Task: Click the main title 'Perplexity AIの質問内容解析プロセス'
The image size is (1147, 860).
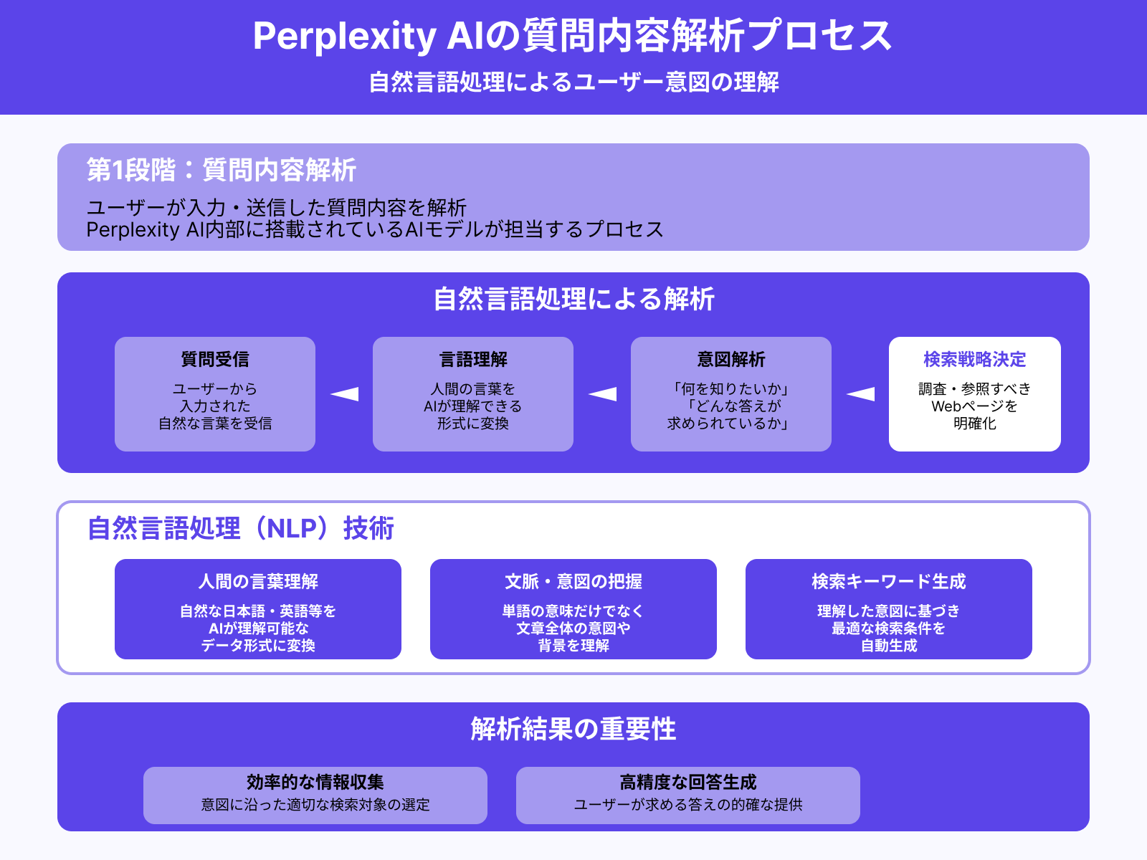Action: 572,36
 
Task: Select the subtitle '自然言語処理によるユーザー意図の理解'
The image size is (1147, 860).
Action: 573,82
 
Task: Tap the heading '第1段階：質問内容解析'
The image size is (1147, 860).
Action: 222,170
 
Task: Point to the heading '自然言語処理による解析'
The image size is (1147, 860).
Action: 573,299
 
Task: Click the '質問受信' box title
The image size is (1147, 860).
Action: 215,359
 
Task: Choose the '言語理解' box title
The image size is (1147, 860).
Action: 473,359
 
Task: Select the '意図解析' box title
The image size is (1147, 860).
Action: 731,359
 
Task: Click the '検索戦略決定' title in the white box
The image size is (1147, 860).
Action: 975,359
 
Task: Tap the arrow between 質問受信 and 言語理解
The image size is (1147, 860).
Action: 344,393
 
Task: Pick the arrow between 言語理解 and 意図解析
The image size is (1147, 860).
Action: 602,393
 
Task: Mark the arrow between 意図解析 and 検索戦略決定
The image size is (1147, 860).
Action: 860,393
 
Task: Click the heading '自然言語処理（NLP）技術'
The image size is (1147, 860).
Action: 241,528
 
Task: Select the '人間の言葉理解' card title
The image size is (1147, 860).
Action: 258,581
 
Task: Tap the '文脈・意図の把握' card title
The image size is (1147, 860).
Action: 573,581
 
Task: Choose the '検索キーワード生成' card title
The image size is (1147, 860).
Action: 889,581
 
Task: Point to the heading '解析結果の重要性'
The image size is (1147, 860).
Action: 573,729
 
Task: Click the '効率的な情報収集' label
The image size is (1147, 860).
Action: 315,782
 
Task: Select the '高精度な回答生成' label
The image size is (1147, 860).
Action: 688,782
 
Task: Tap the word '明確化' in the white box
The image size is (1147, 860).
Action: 975,424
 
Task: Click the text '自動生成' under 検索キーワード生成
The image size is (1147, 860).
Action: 889,646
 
